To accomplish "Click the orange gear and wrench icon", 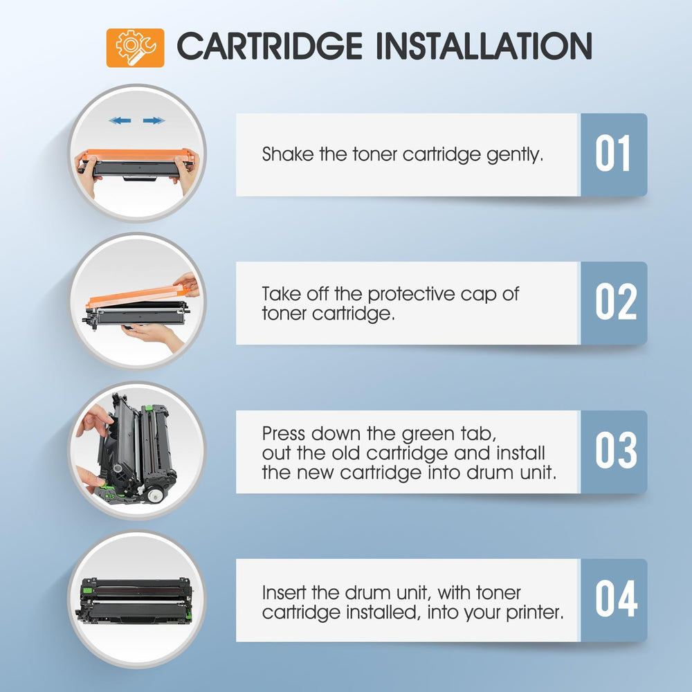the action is (x=135, y=48).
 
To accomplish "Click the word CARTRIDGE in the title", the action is (x=270, y=46).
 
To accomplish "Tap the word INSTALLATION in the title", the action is (x=484, y=46).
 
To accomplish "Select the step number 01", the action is (x=612, y=153).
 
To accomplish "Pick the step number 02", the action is (x=616, y=302).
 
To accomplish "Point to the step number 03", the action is (x=616, y=450).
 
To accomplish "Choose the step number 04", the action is (x=616, y=599).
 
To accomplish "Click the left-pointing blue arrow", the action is (x=120, y=120).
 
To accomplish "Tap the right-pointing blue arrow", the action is (x=154, y=120).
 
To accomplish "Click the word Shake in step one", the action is (x=288, y=154).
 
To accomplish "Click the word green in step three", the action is (x=428, y=435).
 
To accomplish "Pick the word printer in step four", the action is (x=535, y=613).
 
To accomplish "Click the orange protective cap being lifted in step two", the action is (x=137, y=295).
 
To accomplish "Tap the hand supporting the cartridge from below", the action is (x=152, y=336).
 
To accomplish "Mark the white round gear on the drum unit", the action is (x=156, y=495).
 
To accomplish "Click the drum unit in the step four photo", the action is (x=135, y=599).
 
